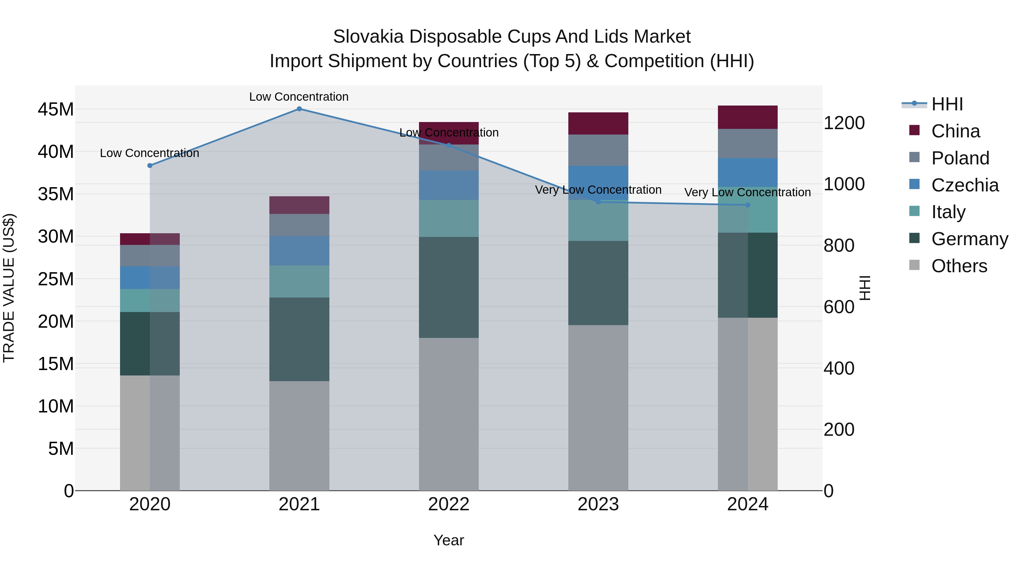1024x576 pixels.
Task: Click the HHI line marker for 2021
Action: coord(299,109)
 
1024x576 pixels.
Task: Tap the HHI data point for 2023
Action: coord(598,202)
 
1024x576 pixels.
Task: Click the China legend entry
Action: coord(955,131)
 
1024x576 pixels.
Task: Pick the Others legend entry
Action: coord(959,266)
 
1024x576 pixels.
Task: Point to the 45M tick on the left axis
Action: coord(56,109)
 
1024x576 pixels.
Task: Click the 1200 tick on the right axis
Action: coord(844,123)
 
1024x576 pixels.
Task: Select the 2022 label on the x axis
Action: coord(449,504)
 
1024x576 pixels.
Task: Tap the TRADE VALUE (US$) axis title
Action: coord(9,288)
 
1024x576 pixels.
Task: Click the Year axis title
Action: coord(449,540)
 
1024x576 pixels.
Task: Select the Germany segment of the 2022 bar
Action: coord(449,287)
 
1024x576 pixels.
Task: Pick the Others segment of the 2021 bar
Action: coord(299,436)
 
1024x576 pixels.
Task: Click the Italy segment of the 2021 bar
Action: coord(299,281)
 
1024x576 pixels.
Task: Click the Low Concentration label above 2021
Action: coord(299,97)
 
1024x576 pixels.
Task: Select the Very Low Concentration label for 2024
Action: coord(747,192)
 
